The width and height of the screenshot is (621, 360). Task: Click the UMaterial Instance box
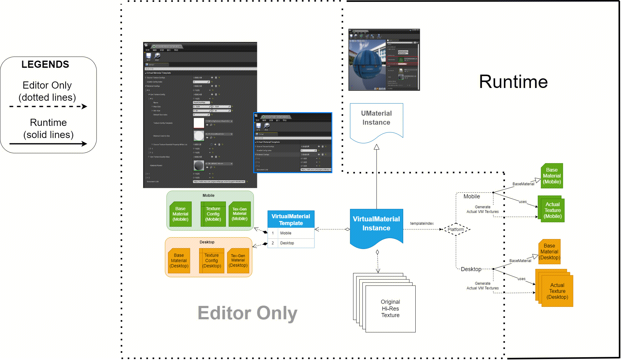[376, 120]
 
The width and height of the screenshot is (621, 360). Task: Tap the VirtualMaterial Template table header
[291, 219]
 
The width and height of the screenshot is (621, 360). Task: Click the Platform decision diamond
[455, 229]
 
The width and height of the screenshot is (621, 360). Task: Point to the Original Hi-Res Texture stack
[390, 308]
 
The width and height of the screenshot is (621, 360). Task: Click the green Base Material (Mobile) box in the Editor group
[180, 214]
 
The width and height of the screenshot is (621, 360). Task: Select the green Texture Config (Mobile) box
[213, 214]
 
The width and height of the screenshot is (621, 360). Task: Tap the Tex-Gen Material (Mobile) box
[239, 214]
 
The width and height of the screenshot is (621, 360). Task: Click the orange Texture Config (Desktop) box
[212, 261]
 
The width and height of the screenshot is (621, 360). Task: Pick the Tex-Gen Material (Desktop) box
[238, 261]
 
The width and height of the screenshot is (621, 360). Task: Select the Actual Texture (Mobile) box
[552, 210]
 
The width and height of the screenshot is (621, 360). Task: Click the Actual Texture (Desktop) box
[557, 291]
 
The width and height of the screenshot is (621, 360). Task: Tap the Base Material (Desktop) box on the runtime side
[549, 252]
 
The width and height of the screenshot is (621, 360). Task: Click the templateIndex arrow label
[422, 224]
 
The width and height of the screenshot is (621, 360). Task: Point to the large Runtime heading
[513, 82]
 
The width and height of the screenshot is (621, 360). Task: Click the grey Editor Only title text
[247, 313]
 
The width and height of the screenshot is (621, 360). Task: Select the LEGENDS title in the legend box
[45, 64]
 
